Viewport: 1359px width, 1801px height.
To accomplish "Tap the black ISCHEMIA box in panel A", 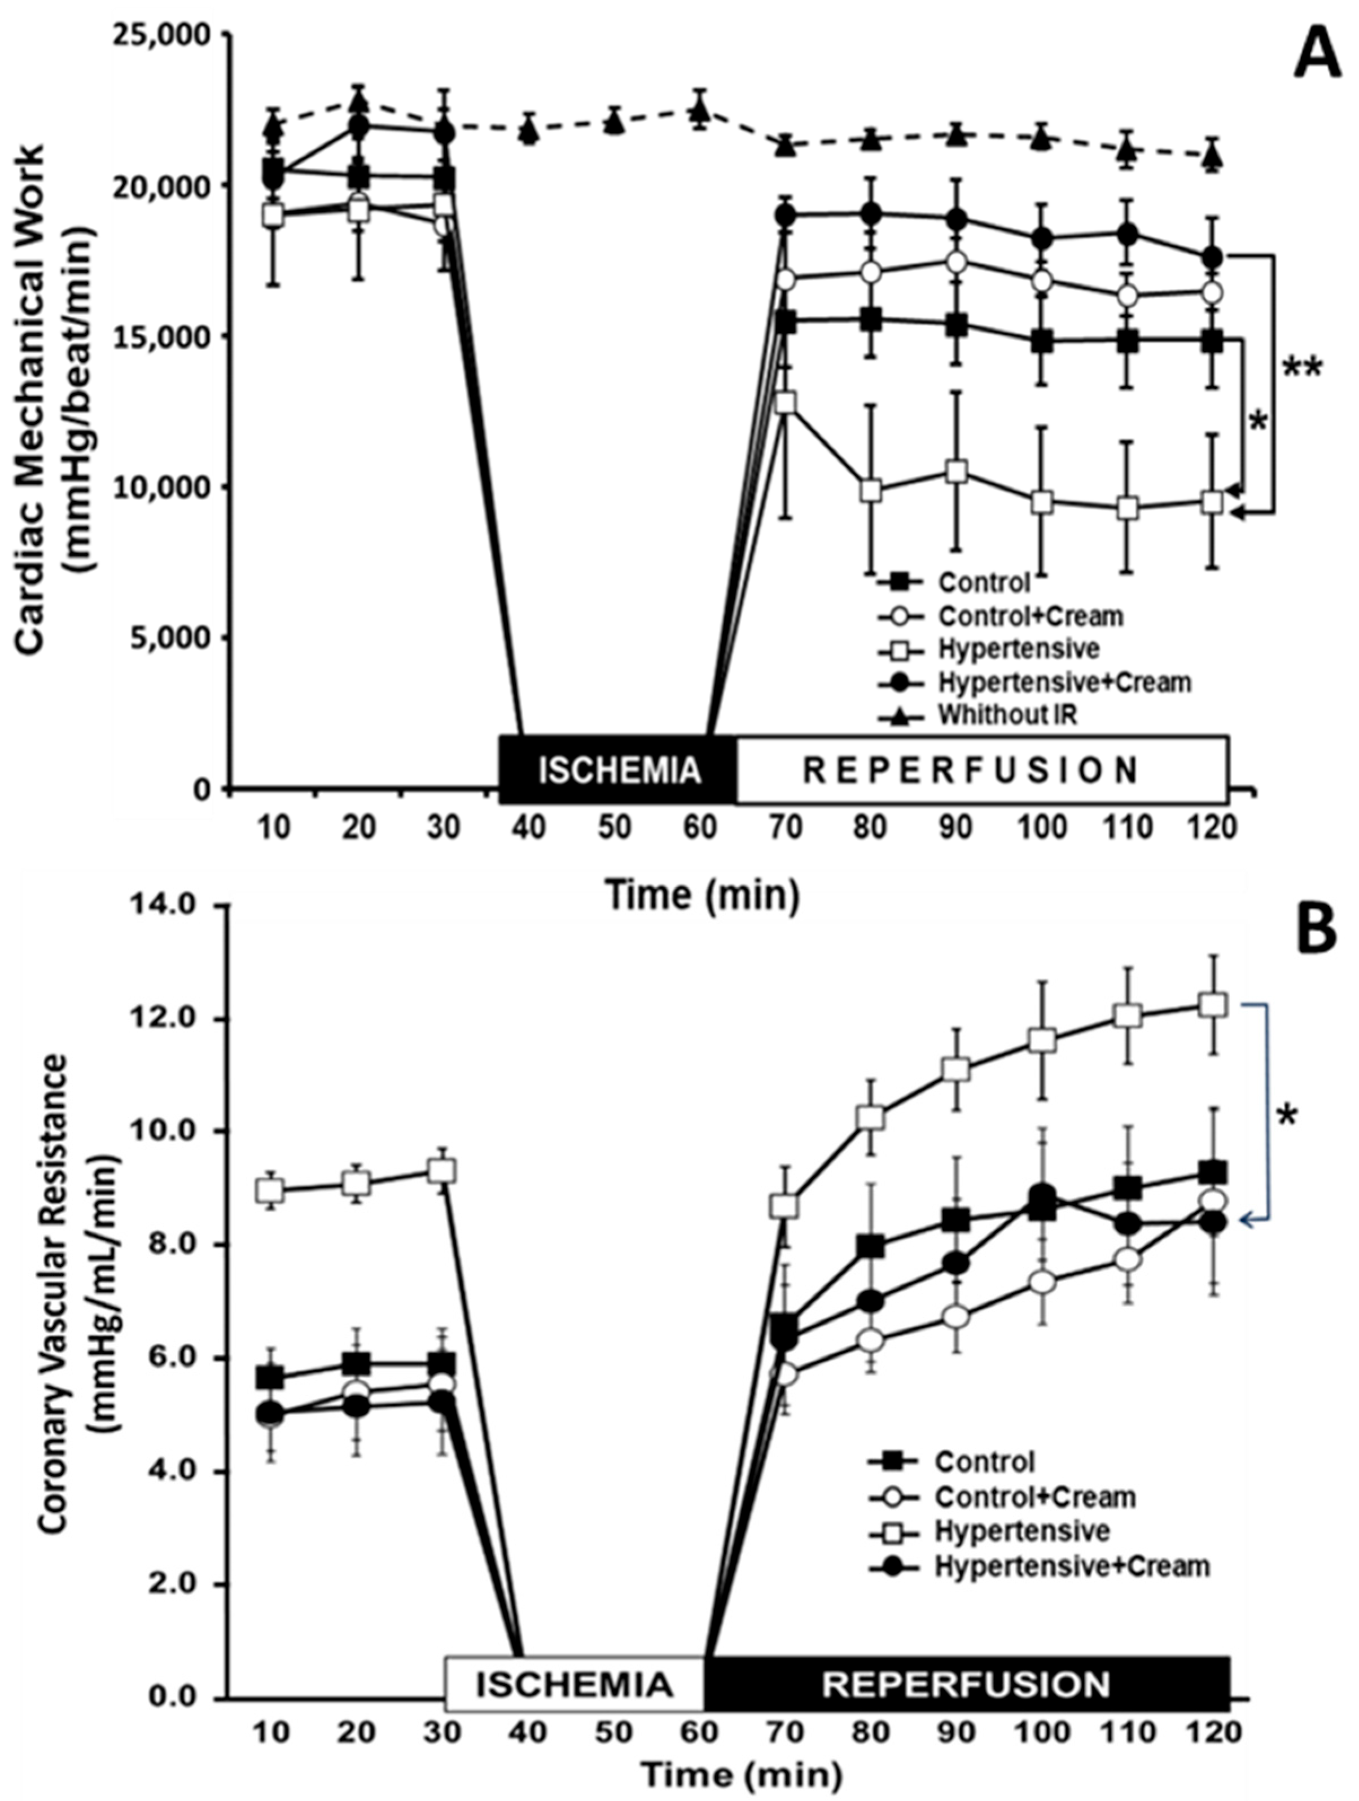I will [x=618, y=770].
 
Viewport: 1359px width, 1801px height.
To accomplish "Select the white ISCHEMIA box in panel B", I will [x=574, y=1683].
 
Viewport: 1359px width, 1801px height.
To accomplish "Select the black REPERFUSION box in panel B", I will [x=966, y=1683].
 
